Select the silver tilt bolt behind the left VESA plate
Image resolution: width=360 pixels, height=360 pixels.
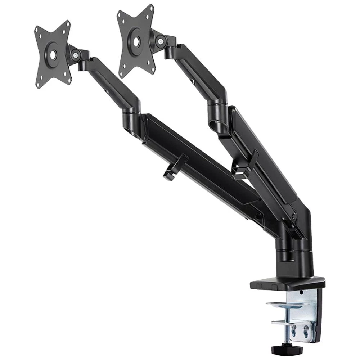(76, 55)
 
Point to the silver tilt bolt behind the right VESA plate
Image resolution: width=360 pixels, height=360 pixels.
(159, 41)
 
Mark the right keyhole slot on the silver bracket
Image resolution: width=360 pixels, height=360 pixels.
(306, 332)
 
